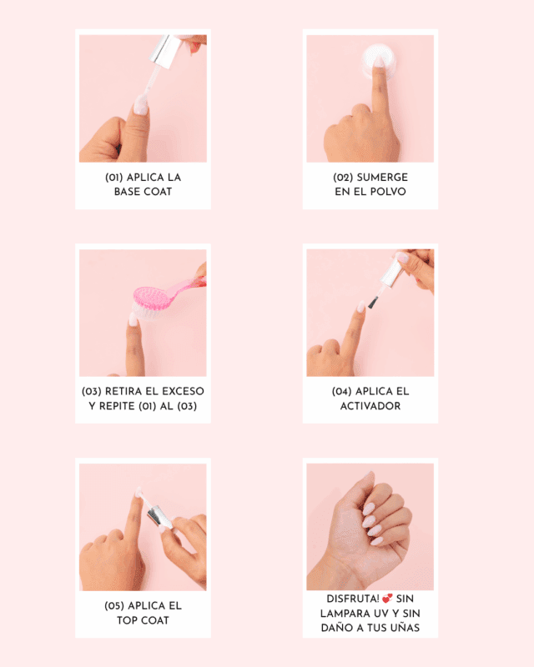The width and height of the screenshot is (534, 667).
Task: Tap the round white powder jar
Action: click(x=379, y=62)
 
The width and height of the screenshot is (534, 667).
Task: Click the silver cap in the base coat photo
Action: click(x=165, y=51)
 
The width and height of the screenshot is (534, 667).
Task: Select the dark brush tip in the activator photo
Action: click(x=373, y=303)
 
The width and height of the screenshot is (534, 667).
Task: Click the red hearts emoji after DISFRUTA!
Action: click(x=387, y=599)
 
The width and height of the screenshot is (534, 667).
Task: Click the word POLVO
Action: click(x=387, y=192)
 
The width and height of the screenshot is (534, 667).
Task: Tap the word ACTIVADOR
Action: click(x=370, y=406)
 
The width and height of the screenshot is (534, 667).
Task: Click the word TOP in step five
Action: click(x=128, y=620)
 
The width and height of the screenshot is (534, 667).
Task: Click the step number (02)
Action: click(x=343, y=178)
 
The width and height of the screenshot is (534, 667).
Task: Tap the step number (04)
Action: click(x=341, y=391)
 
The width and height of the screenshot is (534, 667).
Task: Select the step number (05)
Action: click(x=114, y=606)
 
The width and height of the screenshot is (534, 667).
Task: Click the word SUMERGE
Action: click(x=382, y=178)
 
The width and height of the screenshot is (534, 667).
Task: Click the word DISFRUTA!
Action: click(x=353, y=599)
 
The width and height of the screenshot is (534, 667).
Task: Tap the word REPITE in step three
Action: click(x=117, y=406)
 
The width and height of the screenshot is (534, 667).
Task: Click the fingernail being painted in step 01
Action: click(x=141, y=105)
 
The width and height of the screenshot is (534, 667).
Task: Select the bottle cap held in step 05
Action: click(x=159, y=516)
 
